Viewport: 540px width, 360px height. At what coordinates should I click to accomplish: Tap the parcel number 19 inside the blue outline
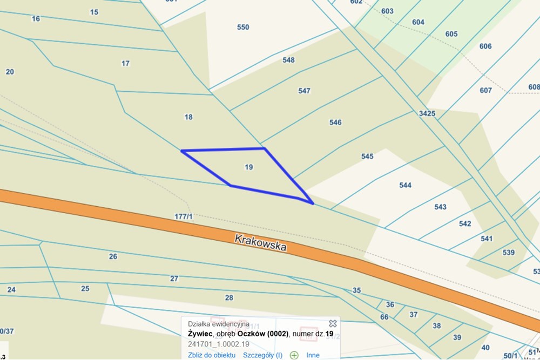click(x=248, y=167)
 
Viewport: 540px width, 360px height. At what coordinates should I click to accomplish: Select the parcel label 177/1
click(x=184, y=216)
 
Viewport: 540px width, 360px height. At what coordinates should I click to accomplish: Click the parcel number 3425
click(x=427, y=113)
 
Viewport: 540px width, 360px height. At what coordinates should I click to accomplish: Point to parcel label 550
click(x=243, y=27)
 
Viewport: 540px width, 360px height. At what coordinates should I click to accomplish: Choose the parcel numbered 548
click(x=288, y=60)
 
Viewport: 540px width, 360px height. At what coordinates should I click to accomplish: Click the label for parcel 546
click(x=335, y=123)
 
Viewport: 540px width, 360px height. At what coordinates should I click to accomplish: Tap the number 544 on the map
click(x=405, y=185)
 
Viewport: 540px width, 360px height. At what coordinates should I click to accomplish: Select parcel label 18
click(x=188, y=117)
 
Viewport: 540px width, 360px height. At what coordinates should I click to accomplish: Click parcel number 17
click(x=125, y=63)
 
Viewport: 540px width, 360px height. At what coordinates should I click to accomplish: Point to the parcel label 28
click(x=229, y=297)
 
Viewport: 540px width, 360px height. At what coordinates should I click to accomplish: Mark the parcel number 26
click(x=113, y=256)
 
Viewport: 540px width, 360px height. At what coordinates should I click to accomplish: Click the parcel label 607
click(x=485, y=90)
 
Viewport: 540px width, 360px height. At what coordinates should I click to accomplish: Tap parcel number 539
click(x=508, y=252)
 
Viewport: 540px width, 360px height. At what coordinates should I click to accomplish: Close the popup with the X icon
click(x=333, y=323)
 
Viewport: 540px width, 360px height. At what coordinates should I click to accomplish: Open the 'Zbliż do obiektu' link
click(x=212, y=355)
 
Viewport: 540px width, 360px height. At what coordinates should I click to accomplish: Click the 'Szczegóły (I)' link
click(x=262, y=355)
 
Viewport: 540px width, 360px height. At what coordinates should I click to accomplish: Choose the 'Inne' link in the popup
click(x=313, y=355)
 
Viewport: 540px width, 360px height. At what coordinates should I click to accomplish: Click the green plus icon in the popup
click(x=294, y=355)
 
